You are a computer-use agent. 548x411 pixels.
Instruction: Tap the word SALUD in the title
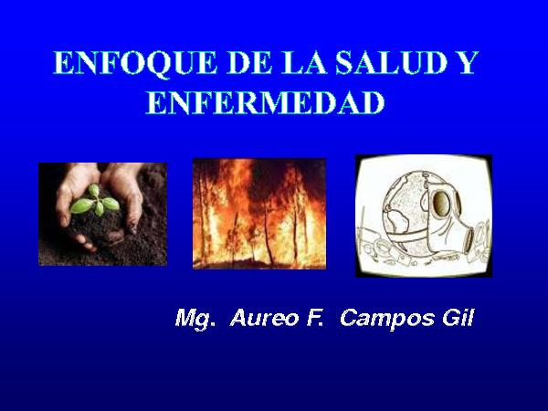[x=392, y=63]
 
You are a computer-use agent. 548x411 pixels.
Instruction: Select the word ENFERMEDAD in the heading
[x=265, y=102]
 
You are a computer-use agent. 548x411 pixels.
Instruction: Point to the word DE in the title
[x=249, y=63]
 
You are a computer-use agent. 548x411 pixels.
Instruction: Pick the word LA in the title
[x=304, y=63]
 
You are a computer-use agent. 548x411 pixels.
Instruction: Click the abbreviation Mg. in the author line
[x=195, y=319]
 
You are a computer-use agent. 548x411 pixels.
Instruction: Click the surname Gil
[x=458, y=318]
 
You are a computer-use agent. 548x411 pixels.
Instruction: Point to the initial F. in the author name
[x=314, y=318]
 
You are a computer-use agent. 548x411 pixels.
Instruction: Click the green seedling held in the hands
[x=95, y=201]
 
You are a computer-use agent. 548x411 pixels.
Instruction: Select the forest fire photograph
[x=259, y=214]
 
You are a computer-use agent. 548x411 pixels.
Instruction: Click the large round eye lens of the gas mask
[x=441, y=203]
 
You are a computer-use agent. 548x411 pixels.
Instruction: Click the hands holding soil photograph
[x=102, y=215]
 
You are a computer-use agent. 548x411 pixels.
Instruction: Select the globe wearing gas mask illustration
[x=424, y=216]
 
